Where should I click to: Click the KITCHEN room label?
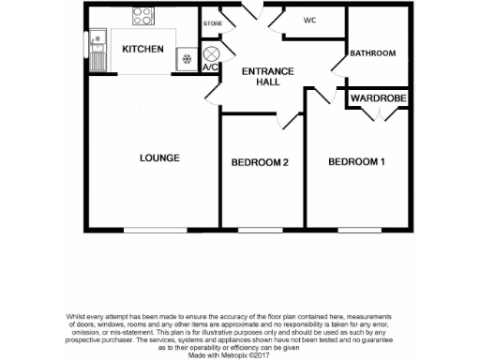pos(143,50)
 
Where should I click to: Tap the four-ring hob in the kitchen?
pos(143,16)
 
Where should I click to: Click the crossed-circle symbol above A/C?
pos(211,54)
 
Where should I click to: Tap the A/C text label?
pos(211,68)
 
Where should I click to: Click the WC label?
pos(309,21)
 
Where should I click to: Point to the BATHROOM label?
pos(373,53)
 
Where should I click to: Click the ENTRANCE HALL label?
pos(268,78)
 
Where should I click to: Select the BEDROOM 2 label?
pos(259,163)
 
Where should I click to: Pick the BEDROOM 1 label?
pos(356,162)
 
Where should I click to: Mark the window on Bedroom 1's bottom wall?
pos(360,230)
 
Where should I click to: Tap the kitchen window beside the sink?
pos(85,50)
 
